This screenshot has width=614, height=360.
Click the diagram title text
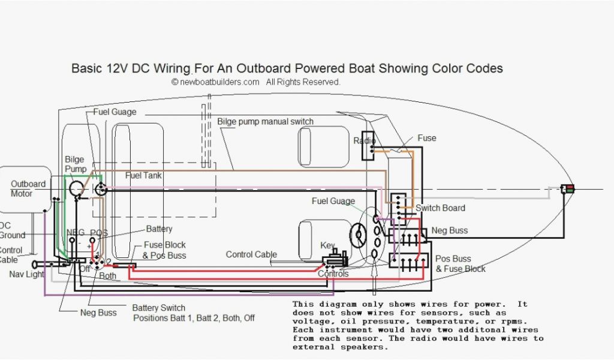point(287,68)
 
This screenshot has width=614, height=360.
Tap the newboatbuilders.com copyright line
point(256,82)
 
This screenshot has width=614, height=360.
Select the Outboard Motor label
point(28,188)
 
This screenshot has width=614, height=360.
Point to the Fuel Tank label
point(143,175)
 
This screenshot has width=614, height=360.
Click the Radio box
point(367,145)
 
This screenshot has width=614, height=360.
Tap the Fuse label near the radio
point(427,138)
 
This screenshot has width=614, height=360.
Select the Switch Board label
point(440,208)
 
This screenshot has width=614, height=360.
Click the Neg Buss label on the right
point(450,230)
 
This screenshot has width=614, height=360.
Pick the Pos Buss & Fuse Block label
point(460,264)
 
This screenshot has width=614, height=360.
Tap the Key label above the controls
point(328,246)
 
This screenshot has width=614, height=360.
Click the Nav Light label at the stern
point(26,274)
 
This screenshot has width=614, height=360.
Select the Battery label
point(159,229)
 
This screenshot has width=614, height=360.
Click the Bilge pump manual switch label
point(265,122)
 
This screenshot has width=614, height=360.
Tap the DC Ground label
point(12,231)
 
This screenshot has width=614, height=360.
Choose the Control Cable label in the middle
point(251,254)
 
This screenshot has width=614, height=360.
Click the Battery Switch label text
point(158,307)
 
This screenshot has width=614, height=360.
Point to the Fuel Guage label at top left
point(115,112)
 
